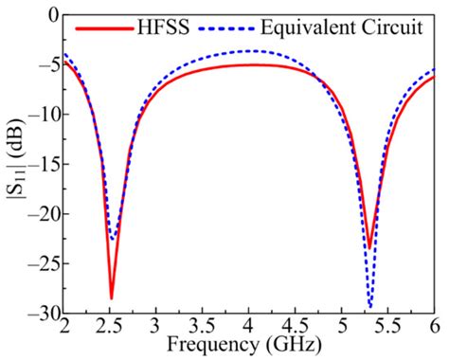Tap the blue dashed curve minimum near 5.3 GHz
(x=369, y=307)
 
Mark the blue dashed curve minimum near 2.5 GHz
(x=113, y=239)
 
